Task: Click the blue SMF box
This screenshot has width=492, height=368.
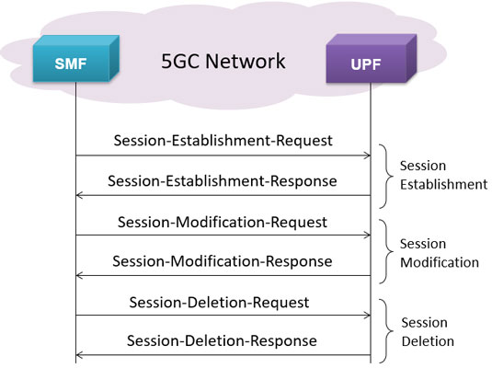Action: [x=76, y=59]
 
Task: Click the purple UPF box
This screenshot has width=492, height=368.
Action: [x=372, y=59]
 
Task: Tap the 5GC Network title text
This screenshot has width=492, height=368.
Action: [x=223, y=61]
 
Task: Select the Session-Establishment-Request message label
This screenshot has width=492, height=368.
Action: [x=223, y=141]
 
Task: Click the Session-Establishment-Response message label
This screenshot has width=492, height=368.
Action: [x=223, y=181]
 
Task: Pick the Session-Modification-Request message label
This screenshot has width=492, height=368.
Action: [x=223, y=222]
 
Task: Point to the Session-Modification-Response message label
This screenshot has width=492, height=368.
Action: [x=223, y=261]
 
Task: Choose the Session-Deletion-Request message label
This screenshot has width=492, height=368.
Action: [x=219, y=303]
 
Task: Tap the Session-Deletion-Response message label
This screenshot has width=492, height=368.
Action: [x=222, y=340]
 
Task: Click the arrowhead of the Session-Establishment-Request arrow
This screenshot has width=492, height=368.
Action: [x=368, y=155]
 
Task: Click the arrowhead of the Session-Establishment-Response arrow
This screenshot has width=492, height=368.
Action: [x=79, y=195]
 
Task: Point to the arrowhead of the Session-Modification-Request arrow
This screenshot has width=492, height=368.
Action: [x=368, y=235]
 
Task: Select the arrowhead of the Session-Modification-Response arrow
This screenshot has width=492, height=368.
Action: [x=79, y=276]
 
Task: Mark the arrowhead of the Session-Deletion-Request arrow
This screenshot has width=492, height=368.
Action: [x=368, y=315]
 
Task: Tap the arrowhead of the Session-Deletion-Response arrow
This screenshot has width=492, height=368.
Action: [x=79, y=355]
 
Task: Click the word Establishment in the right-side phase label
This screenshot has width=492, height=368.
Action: [x=443, y=184]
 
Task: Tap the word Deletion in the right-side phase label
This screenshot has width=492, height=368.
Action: [x=428, y=341]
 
